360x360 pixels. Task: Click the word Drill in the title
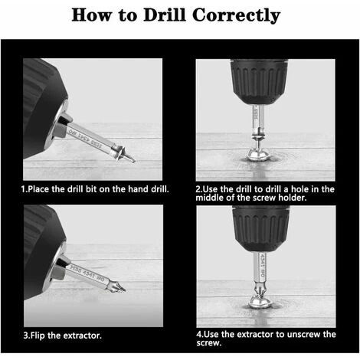point(164,15)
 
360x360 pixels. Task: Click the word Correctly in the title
point(236,16)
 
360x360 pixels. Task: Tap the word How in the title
point(91,15)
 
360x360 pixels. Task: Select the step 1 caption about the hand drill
point(95,189)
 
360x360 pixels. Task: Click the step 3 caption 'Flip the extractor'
point(62,335)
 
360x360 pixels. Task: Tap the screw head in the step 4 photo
point(260,301)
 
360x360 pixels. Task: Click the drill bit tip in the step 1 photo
point(132,160)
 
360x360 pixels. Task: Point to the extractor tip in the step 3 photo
point(121,289)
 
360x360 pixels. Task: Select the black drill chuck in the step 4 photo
point(261,228)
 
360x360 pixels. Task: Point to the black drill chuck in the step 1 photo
point(44,107)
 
